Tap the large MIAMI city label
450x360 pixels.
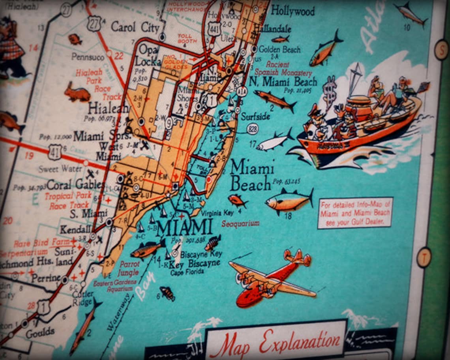(x=184, y=228)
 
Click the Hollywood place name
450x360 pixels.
(x=292, y=11)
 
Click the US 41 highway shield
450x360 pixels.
(x=54, y=152)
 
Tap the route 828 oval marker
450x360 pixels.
(x=253, y=129)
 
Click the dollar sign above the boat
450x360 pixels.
(x=329, y=89)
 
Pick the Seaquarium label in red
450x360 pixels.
(x=240, y=223)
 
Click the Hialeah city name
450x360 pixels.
(x=108, y=108)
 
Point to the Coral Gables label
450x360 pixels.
(x=75, y=184)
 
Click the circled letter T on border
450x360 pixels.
(x=424, y=257)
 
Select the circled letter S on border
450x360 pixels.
(x=441, y=50)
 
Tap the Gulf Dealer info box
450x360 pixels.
(x=355, y=213)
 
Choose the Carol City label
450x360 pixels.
(x=135, y=27)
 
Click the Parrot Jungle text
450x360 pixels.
(x=129, y=268)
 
